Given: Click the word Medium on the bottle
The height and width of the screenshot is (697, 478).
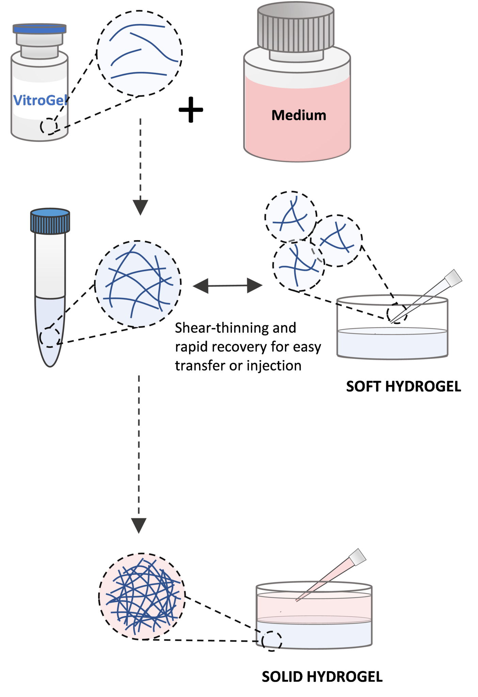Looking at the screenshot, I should coord(299,115).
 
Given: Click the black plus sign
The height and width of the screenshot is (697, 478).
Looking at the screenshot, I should coord(191,110).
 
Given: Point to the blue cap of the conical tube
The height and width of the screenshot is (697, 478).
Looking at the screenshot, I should coord(50,221).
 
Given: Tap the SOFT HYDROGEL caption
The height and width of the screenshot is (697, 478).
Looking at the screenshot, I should coord(403,387).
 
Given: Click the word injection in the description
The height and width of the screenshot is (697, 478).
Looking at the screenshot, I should coord(274,366).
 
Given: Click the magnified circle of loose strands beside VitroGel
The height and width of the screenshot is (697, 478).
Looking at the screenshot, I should coord(139,53).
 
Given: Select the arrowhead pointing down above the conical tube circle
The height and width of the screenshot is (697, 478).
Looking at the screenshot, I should coord(140,207).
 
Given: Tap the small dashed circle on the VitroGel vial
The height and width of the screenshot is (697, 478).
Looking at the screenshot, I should coord(48,127).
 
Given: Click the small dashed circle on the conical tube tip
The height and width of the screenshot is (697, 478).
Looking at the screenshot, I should coord(50,337).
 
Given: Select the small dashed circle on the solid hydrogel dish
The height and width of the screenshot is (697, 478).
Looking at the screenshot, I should coord(272,641).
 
